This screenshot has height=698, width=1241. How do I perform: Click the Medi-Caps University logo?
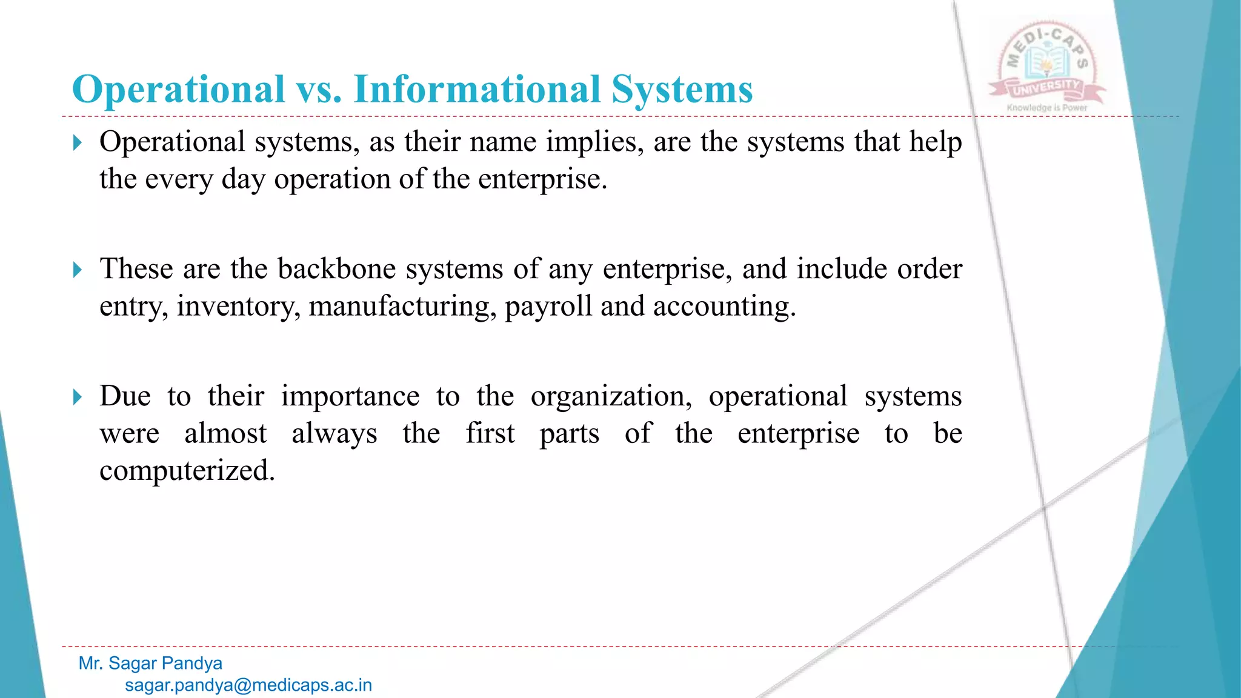[1046, 64]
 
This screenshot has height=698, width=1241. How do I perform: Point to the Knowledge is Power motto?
[1047, 108]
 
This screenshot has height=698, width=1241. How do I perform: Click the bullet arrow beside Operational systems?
[77, 143]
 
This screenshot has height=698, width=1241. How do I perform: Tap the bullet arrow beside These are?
[77, 270]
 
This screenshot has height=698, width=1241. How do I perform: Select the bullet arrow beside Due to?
[77, 397]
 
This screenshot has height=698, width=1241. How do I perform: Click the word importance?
[350, 397]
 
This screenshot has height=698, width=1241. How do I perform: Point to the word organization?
[611, 397]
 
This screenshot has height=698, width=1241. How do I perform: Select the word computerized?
[187, 471]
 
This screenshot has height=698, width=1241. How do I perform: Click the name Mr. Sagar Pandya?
[150, 663]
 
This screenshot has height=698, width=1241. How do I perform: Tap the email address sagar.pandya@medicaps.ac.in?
[248, 685]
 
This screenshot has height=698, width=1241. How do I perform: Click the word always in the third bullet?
[334, 434]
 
